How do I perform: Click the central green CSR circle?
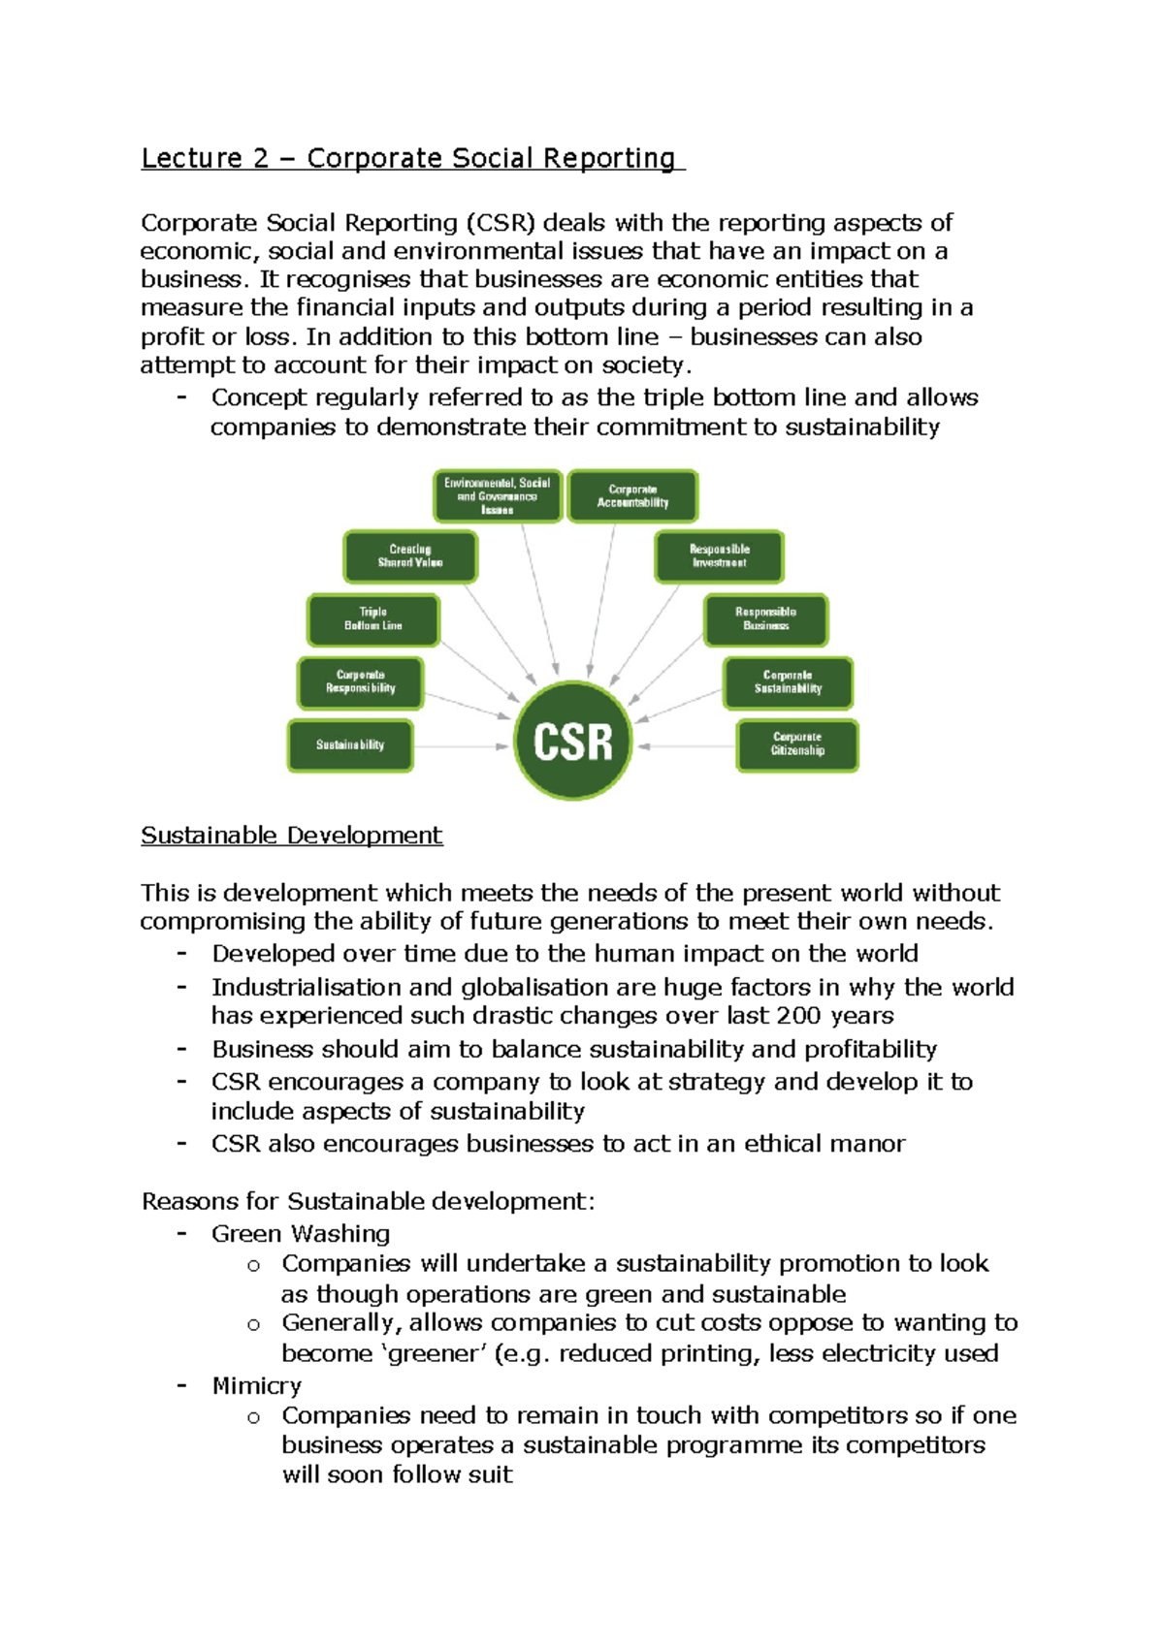[572, 741]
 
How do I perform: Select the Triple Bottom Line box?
[373, 619]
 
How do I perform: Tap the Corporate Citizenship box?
[797, 744]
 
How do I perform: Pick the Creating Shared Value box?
[410, 556]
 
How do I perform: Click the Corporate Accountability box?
[632, 496]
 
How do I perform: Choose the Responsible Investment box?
[719, 556]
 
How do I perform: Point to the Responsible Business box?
[765, 619]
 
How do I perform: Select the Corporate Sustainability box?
[788, 682]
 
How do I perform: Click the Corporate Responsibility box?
[360, 682]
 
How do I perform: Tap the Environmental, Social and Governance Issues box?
[498, 496]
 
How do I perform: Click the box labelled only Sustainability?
[350, 744]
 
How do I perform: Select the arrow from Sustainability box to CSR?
[462, 746]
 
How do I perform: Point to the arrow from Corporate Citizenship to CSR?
[686, 746]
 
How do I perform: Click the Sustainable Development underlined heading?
[291, 836]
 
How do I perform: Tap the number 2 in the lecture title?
[260, 158]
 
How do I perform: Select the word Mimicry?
[256, 1385]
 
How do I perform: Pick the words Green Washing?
[301, 1234]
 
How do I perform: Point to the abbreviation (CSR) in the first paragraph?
[500, 223]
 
